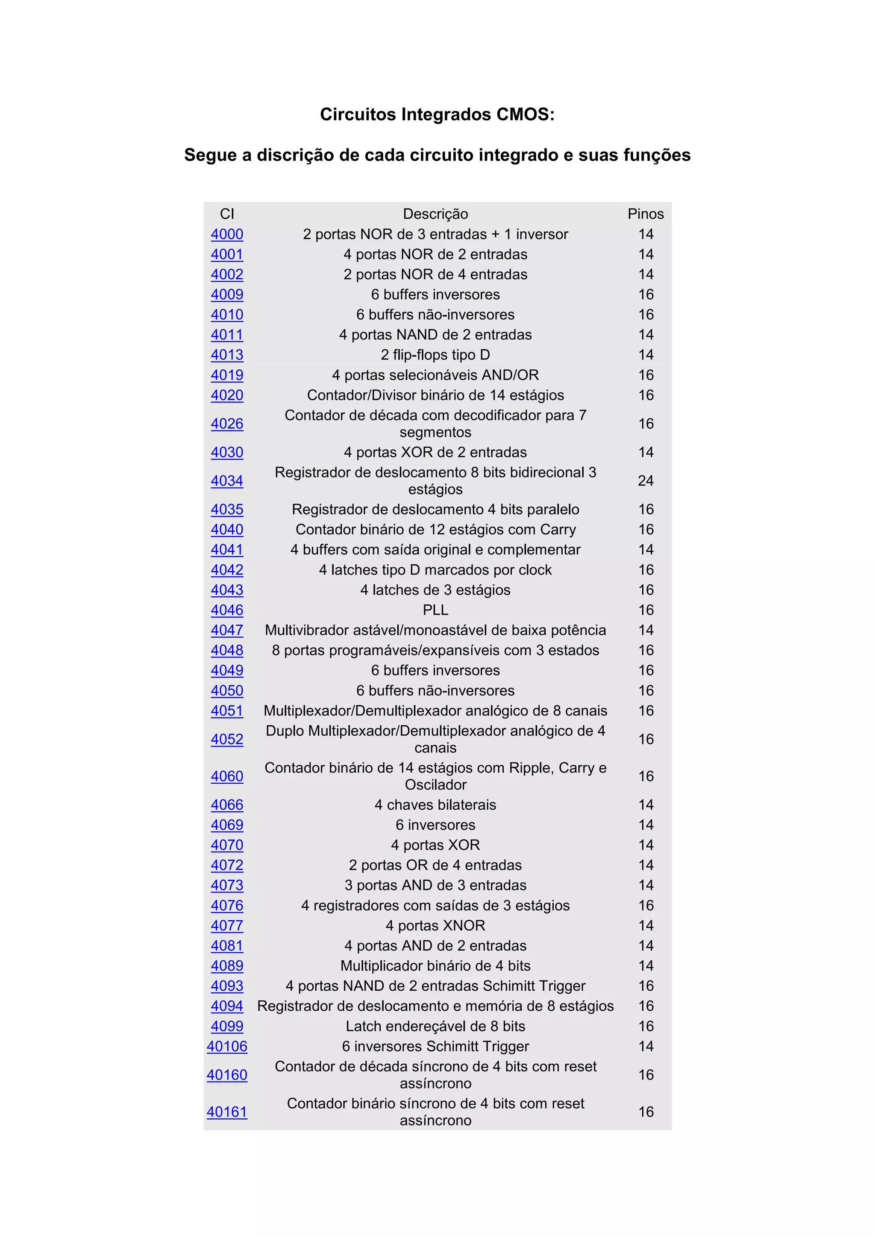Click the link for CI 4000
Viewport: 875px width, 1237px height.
tap(227, 234)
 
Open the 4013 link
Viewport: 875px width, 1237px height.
tap(227, 355)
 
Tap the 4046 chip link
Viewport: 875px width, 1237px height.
tap(227, 610)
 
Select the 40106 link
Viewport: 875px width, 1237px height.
tap(227, 1046)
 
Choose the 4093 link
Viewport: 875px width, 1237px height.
tap(227, 986)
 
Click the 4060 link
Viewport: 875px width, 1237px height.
tap(227, 776)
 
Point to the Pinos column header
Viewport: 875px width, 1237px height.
tap(645, 214)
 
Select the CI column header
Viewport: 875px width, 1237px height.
tap(227, 214)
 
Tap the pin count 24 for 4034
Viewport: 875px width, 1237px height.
tap(645, 481)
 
